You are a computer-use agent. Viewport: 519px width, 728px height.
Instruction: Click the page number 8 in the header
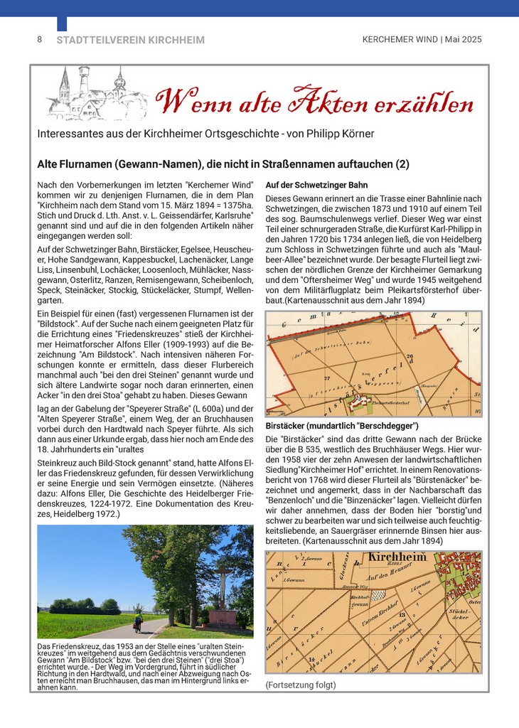coord(39,40)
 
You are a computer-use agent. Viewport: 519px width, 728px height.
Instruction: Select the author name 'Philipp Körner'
coord(336,134)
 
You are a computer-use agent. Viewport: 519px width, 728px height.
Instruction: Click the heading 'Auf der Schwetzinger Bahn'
coord(316,185)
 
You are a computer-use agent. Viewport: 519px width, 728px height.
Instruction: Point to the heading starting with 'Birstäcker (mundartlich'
coord(342,426)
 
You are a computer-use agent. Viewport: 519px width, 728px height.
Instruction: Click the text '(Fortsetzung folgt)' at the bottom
coord(301,685)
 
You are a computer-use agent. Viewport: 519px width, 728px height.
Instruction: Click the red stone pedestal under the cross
coord(223,618)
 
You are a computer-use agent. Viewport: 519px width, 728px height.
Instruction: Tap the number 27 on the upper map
coord(326,378)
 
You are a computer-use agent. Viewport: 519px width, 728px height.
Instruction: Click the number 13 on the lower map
coord(402,614)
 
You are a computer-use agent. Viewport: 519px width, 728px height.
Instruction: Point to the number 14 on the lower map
coord(311,660)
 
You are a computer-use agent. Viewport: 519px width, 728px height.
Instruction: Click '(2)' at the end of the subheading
coord(402,164)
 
